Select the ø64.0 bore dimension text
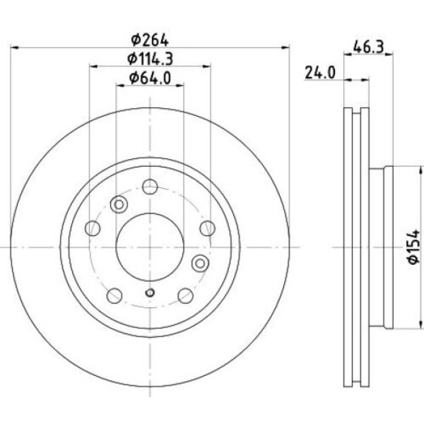(150, 78)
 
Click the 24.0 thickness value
(318, 72)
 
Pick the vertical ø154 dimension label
(414, 247)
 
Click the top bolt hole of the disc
(149, 187)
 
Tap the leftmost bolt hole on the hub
(92, 228)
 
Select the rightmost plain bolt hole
(207, 228)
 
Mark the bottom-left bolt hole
(113, 295)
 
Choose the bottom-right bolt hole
(185, 295)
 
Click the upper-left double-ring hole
(119, 204)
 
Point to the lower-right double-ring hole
(201, 263)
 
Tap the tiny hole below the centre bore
(149, 293)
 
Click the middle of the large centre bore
(149, 247)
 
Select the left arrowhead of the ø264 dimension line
(16, 47)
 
